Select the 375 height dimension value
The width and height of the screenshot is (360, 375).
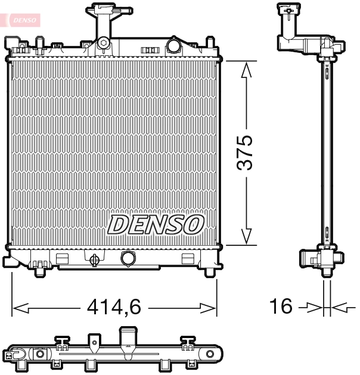(x=245, y=153)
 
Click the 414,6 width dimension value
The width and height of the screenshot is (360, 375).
(x=114, y=307)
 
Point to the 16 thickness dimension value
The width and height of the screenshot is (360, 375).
(x=281, y=307)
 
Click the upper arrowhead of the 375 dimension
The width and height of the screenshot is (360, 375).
(x=245, y=68)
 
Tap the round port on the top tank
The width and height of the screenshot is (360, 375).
(x=173, y=45)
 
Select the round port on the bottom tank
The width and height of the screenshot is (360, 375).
(x=128, y=258)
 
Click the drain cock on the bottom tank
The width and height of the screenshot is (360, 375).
(x=94, y=260)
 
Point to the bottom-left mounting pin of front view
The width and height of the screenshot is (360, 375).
(x=40, y=271)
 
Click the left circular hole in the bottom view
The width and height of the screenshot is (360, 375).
(x=41, y=355)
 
